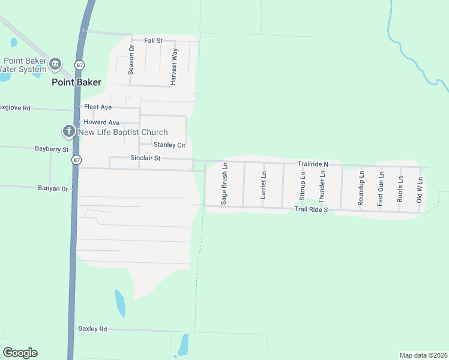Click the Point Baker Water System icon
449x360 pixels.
tap(55, 64)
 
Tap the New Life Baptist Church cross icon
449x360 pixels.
tap(68, 131)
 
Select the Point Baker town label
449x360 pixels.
tap(76, 82)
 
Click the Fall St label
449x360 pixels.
tap(154, 40)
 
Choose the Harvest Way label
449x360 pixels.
tap(173, 68)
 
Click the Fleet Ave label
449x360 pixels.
tap(98, 107)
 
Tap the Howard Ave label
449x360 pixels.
tap(101, 122)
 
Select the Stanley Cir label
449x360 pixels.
tap(169, 145)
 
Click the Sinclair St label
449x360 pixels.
tap(145, 158)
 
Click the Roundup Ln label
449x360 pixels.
tap(361, 188)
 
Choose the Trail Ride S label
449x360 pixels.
tap(311, 209)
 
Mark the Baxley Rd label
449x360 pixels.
tap(92, 329)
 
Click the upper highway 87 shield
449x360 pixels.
tap(79, 64)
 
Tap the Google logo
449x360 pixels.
tap(20, 353)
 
